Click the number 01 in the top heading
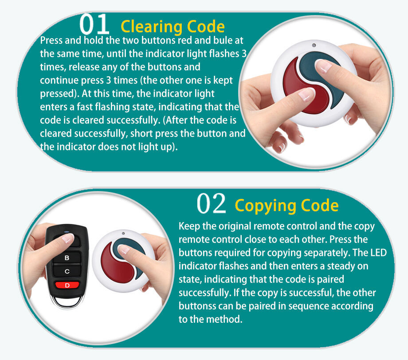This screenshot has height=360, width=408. (94, 24)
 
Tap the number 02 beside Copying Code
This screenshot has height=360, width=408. (211, 203)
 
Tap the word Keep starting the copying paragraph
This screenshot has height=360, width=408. (189, 226)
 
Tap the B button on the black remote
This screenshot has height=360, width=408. (67, 258)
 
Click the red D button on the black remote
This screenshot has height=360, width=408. (67, 286)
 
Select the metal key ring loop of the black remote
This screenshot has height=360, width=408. (67, 302)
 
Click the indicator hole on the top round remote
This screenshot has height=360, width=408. (314, 45)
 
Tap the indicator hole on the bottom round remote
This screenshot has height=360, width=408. (123, 233)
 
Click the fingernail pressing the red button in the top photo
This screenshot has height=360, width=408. (306, 94)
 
